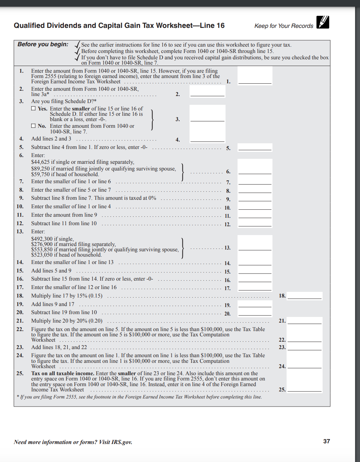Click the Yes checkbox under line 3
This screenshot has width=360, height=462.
(x=33, y=109)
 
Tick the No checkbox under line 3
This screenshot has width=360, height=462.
(x=33, y=126)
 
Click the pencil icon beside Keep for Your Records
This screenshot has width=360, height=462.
(x=323, y=22)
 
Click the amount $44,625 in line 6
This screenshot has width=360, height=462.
(x=40, y=162)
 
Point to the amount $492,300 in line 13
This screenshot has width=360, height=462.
(x=42, y=239)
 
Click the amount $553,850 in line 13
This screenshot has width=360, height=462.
(x=42, y=250)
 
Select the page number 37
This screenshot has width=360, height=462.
(x=326, y=441)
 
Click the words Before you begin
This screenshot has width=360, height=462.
(x=43, y=44)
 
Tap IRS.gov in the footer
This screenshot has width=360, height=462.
(x=122, y=442)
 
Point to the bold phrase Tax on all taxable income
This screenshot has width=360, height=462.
(x=62, y=373)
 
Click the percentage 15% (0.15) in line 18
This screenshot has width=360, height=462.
(x=90, y=296)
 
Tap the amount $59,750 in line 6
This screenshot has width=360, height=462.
(x=40, y=174)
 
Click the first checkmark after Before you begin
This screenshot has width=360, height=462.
(x=77, y=44)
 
